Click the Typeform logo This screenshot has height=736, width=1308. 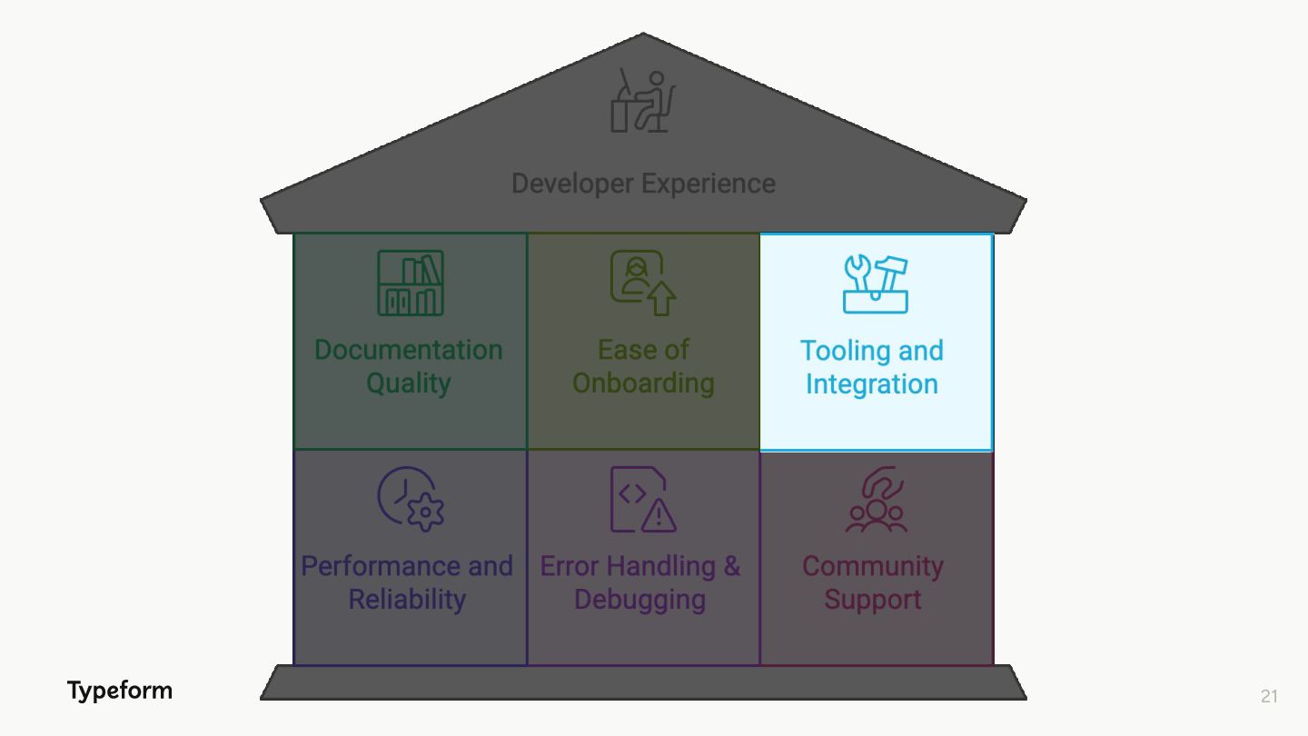point(119,691)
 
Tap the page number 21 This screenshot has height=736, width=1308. point(1269,696)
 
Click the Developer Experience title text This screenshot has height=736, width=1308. point(643,184)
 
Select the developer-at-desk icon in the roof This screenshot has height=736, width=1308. point(643,101)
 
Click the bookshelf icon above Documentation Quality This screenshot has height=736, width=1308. point(411,283)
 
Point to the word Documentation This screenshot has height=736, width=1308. point(408,350)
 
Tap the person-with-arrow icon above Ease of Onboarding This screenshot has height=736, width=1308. point(643,283)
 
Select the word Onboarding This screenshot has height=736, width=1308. point(643,383)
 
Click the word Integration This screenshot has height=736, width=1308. point(872,384)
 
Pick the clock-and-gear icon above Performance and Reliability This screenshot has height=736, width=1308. point(411,499)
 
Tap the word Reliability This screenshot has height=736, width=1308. point(407,600)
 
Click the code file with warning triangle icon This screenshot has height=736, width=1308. point(643,499)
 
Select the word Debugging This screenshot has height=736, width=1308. point(639,600)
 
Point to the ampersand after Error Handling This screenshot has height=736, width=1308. point(732,566)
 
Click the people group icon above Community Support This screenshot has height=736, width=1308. point(876,500)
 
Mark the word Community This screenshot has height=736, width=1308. point(873,566)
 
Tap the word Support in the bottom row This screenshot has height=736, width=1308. point(873,600)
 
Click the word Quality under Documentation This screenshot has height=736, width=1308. point(408,383)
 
